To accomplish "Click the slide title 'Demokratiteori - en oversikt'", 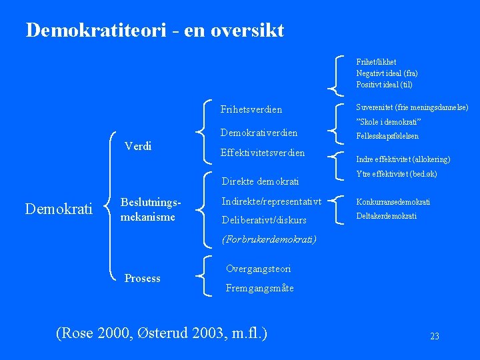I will point(155,30).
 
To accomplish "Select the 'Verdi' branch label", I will point(138,146).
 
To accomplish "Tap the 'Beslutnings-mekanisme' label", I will point(147,209).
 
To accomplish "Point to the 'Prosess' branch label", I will point(142,278).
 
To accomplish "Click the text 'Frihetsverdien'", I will point(251,109).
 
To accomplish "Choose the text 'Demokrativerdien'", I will point(259,133).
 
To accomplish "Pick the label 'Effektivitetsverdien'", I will point(262,153).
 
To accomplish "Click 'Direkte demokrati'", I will point(260,181).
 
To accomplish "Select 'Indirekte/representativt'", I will point(271,201).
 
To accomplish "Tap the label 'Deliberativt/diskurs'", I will point(264,220).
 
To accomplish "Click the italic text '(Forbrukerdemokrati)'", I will point(268,239).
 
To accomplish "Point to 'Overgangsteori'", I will point(258,269).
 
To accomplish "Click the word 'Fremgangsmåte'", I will point(259,288).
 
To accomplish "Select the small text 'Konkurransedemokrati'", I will point(393,202).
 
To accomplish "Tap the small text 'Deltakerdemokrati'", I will point(386,216).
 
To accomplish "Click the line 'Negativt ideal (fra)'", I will point(387,73).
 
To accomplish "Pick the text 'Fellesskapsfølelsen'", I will point(387,136).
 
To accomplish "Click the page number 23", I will point(434,337).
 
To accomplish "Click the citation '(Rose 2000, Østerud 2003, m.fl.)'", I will point(162,331).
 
